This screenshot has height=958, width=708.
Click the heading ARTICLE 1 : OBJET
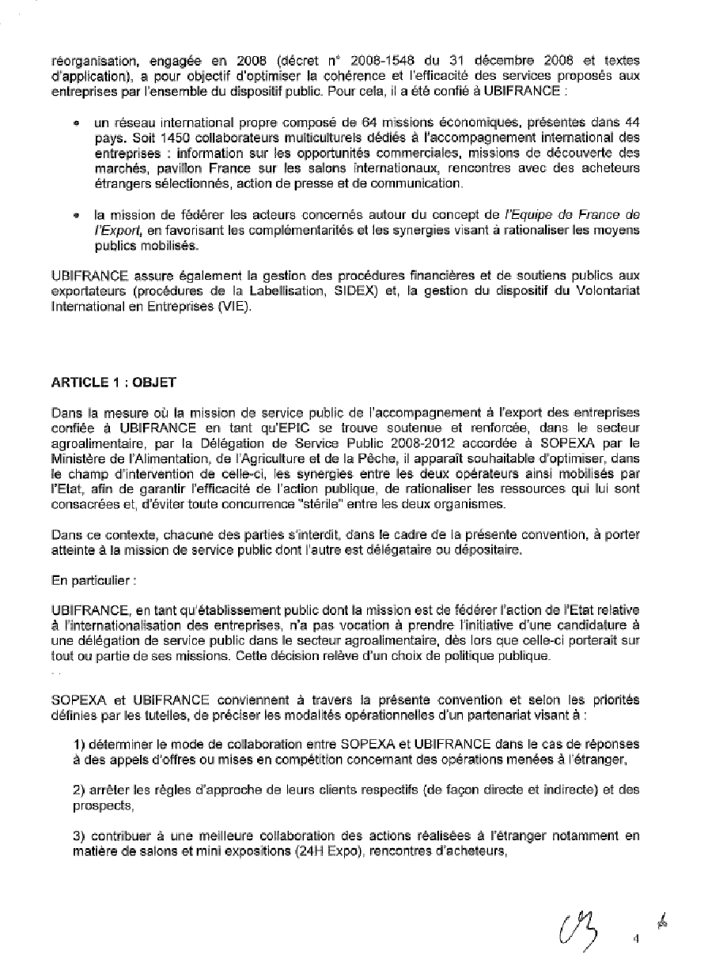[114, 382]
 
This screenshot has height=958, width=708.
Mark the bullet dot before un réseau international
[76, 125]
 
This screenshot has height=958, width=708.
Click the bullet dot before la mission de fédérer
[76, 215]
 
